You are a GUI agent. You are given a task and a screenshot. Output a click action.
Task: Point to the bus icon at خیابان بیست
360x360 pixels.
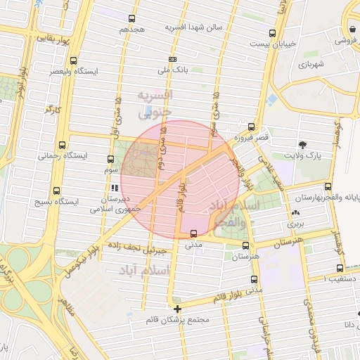[273, 32]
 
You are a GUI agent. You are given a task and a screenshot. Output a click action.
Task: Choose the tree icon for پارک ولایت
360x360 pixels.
[302, 143]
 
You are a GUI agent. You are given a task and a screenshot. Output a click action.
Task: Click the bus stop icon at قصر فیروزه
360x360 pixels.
[251, 127]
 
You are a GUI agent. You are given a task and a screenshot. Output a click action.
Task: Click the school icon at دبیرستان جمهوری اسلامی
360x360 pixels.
[114, 188]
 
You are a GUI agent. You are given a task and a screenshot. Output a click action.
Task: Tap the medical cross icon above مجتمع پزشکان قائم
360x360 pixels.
[177, 308]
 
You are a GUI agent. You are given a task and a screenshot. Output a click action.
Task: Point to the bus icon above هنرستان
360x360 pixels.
[245, 246]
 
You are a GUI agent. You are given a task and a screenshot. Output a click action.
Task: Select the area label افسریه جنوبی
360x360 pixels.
[157, 103]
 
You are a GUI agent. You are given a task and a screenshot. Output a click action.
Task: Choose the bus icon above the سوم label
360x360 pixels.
[110, 159]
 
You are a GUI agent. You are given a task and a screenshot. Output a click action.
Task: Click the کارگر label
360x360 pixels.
[53, 110]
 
